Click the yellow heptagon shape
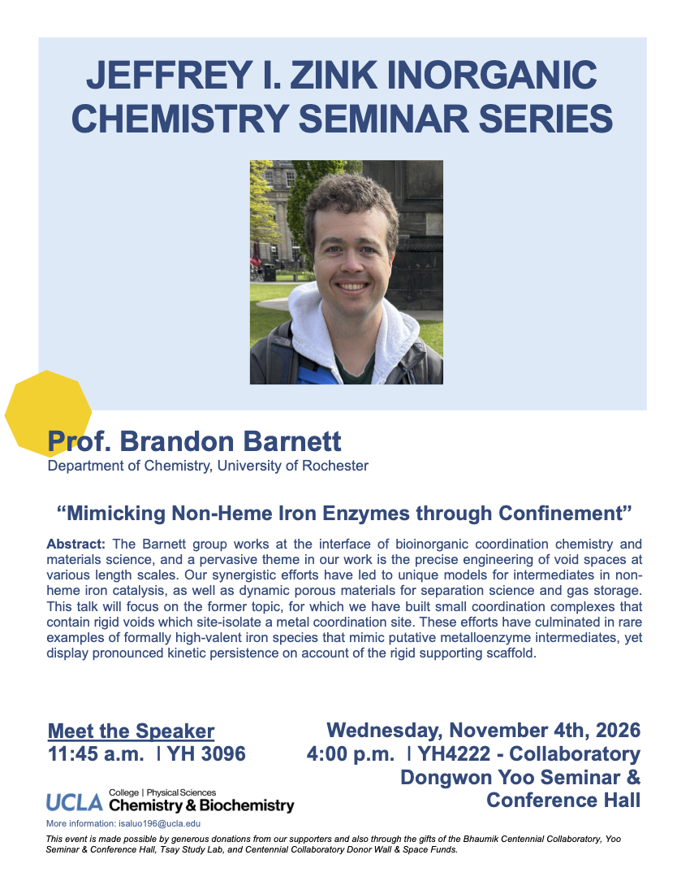pyautogui.click(x=49, y=414)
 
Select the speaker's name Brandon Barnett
pyautogui.click(x=230, y=441)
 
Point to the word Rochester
pyautogui.click(x=335, y=466)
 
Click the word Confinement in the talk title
pyautogui.click(x=561, y=513)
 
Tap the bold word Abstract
pyautogui.click(x=75, y=544)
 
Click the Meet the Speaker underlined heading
pyautogui.click(x=131, y=731)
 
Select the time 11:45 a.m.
pyautogui.click(x=96, y=753)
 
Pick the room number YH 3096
pyautogui.click(x=206, y=753)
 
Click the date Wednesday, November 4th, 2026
pyautogui.click(x=483, y=731)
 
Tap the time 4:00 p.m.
pyautogui.click(x=350, y=753)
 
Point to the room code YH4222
pyautogui.click(x=454, y=753)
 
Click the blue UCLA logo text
pyautogui.click(x=75, y=803)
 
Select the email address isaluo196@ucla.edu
pyautogui.click(x=159, y=823)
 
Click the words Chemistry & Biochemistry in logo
pyautogui.click(x=201, y=805)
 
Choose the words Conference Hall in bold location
pyautogui.click(x=563, y=800)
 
